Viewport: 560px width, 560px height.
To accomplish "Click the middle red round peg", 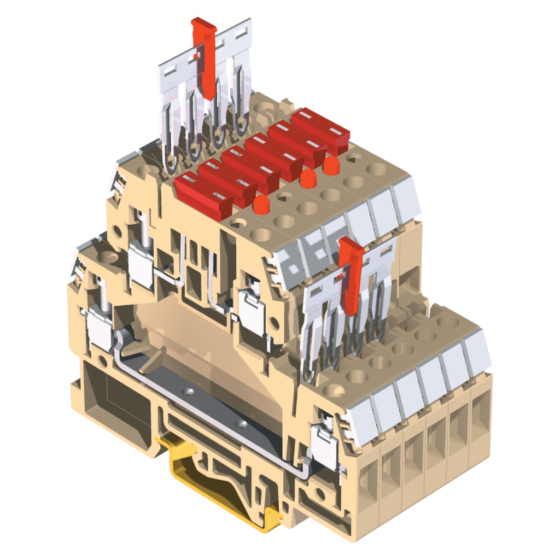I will coord(308,177).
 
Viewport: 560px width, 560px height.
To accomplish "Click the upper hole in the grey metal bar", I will coord(189,392).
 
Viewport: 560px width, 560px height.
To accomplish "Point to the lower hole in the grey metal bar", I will coord(239,424).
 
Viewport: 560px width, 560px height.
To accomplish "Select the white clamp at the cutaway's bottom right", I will coord(323,446).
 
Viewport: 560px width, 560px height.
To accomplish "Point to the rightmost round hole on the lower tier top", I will coord(447,323).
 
